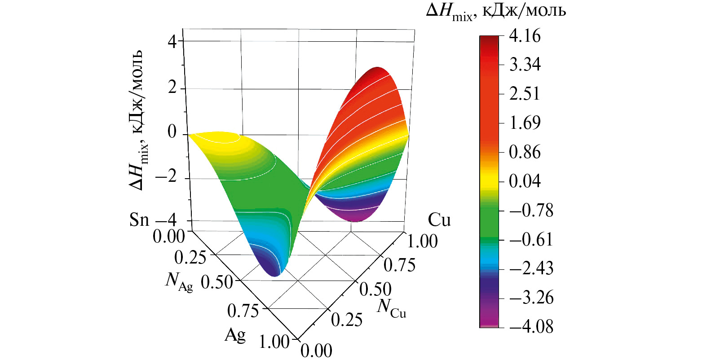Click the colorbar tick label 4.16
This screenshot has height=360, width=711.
525,36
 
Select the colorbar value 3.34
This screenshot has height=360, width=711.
525,65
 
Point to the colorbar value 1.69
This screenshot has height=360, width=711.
525,123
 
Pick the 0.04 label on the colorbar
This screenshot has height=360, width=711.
525,181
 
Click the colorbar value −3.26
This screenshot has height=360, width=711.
531,298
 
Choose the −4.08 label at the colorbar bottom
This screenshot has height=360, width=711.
531,326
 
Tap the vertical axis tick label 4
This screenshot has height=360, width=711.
172,42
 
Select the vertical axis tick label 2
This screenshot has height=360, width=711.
172,87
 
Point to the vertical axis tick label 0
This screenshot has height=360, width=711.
172,132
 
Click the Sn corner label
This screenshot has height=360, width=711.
139,220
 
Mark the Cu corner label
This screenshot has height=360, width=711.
439,220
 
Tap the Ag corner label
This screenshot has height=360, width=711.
235,334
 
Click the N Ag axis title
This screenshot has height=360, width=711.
179,281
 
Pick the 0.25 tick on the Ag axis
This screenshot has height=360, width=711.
190,258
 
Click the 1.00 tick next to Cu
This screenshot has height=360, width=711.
422,241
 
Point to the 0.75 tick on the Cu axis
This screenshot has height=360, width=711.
399,265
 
